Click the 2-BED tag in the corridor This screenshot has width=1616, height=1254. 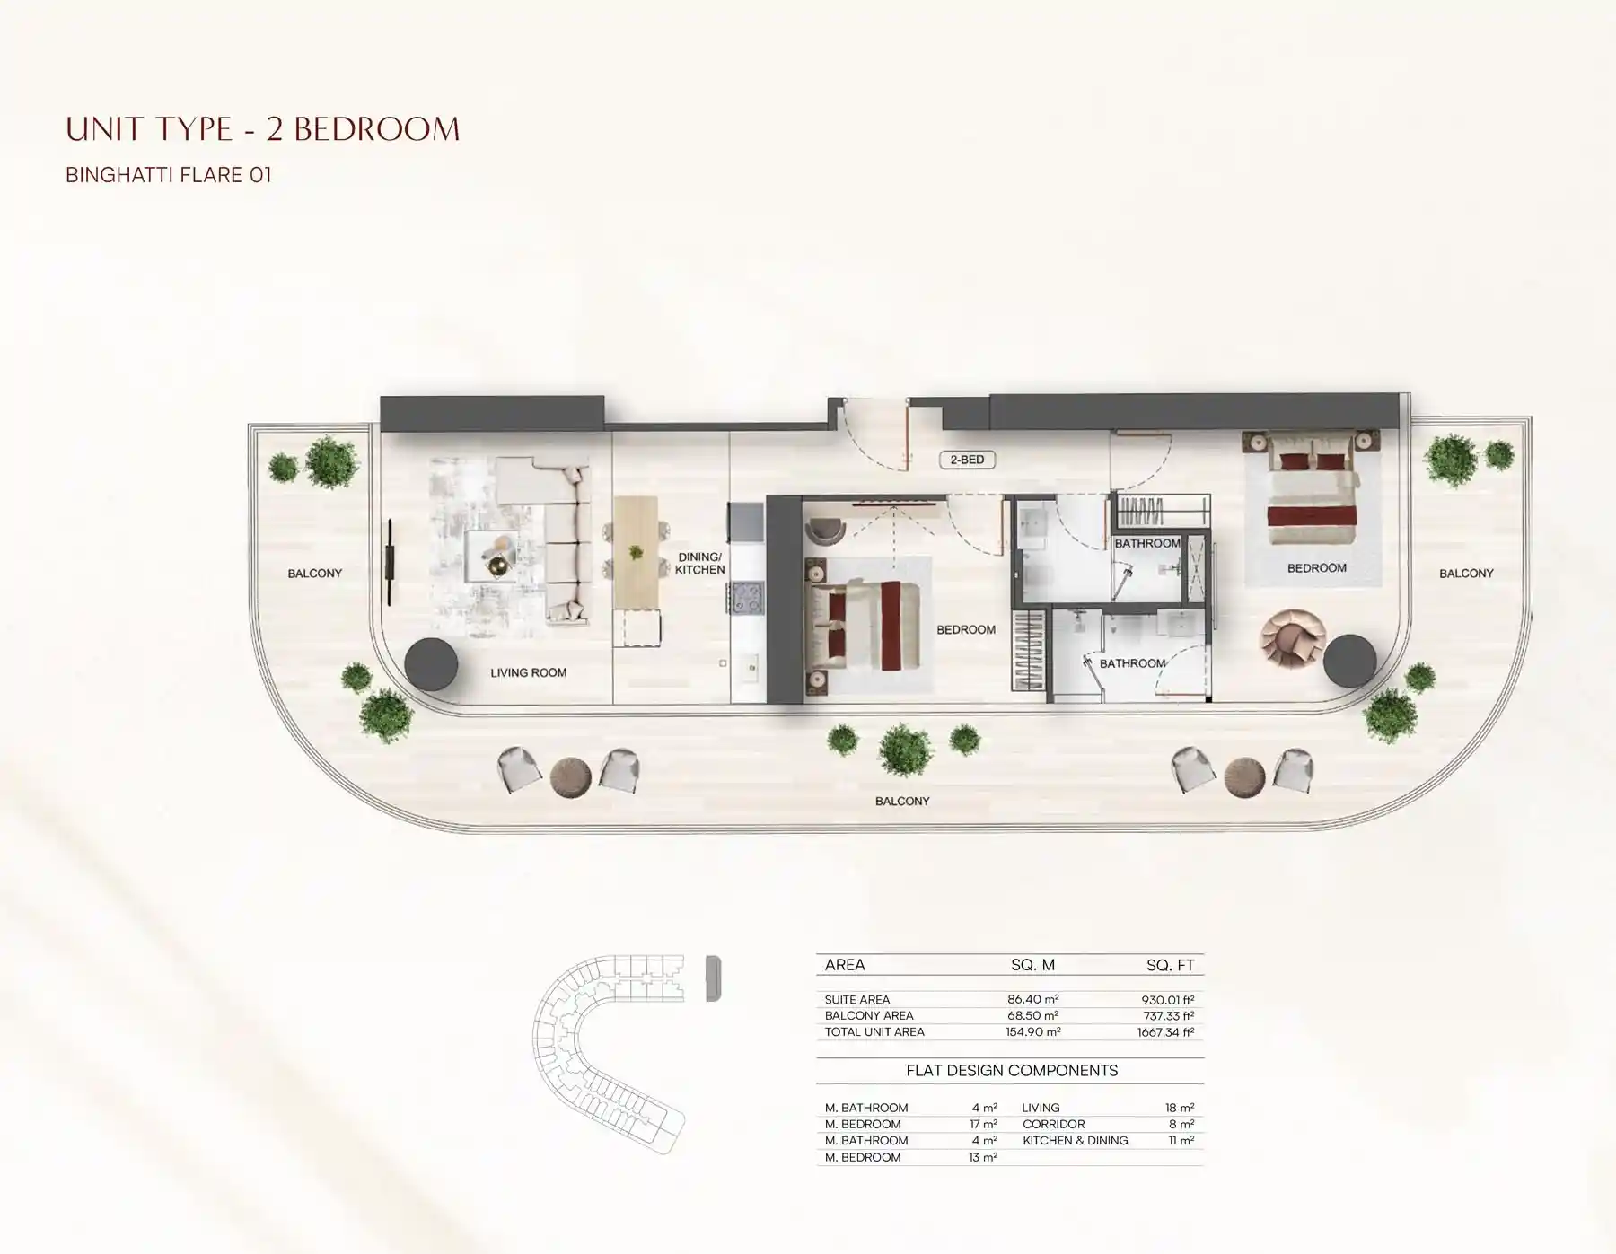click(967, 460)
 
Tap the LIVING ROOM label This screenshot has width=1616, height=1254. click(528, 672)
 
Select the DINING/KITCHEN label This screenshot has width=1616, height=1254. click(699, 564)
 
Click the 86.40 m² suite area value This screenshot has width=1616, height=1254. click(1032, 999)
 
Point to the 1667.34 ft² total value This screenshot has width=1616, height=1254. click(1165, 1032)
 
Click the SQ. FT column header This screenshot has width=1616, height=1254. click(1170, 965)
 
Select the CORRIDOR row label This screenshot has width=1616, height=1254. click(1053, 1124)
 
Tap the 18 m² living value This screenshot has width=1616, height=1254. click(1180, 1108)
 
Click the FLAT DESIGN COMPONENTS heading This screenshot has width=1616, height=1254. click(1012, 1071)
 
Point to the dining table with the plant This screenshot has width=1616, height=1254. click(637, 551)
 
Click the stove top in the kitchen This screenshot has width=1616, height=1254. click(746, 598)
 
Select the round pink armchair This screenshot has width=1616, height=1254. click(1292, 638)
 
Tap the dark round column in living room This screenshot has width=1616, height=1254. click(431, 664)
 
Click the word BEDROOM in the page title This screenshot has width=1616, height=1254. click(377, 130)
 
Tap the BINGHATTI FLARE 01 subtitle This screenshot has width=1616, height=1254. click(169, 175)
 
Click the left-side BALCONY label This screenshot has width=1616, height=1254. click(314, 574)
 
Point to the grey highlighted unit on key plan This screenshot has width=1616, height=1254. click(714, 978)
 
